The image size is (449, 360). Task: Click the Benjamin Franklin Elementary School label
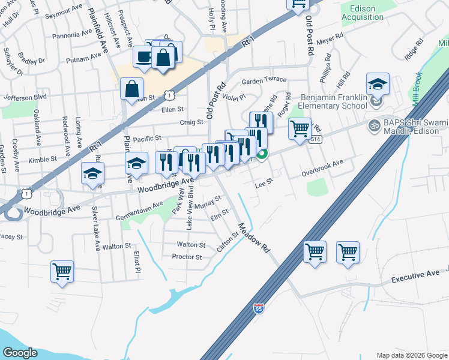334,101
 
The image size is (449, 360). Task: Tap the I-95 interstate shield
258,308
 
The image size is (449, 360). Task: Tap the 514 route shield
315,139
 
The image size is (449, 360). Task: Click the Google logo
20,353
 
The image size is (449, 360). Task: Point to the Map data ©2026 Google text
411,355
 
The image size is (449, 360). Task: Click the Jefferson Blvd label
25,97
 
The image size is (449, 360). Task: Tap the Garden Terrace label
264,80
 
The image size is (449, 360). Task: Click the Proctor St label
186,257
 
